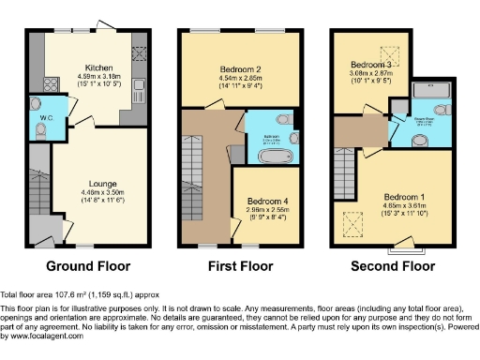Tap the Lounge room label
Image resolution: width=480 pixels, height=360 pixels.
(102, 184)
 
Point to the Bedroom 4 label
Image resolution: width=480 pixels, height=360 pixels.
(268, 201)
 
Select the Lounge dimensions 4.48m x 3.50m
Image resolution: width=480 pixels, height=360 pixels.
(102, 192)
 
